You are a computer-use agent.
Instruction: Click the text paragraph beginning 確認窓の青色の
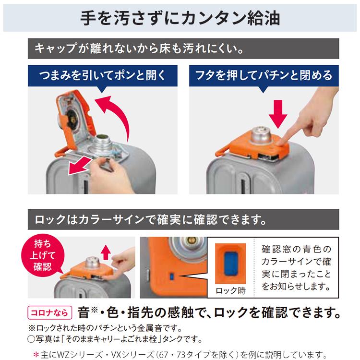(296, 268)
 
